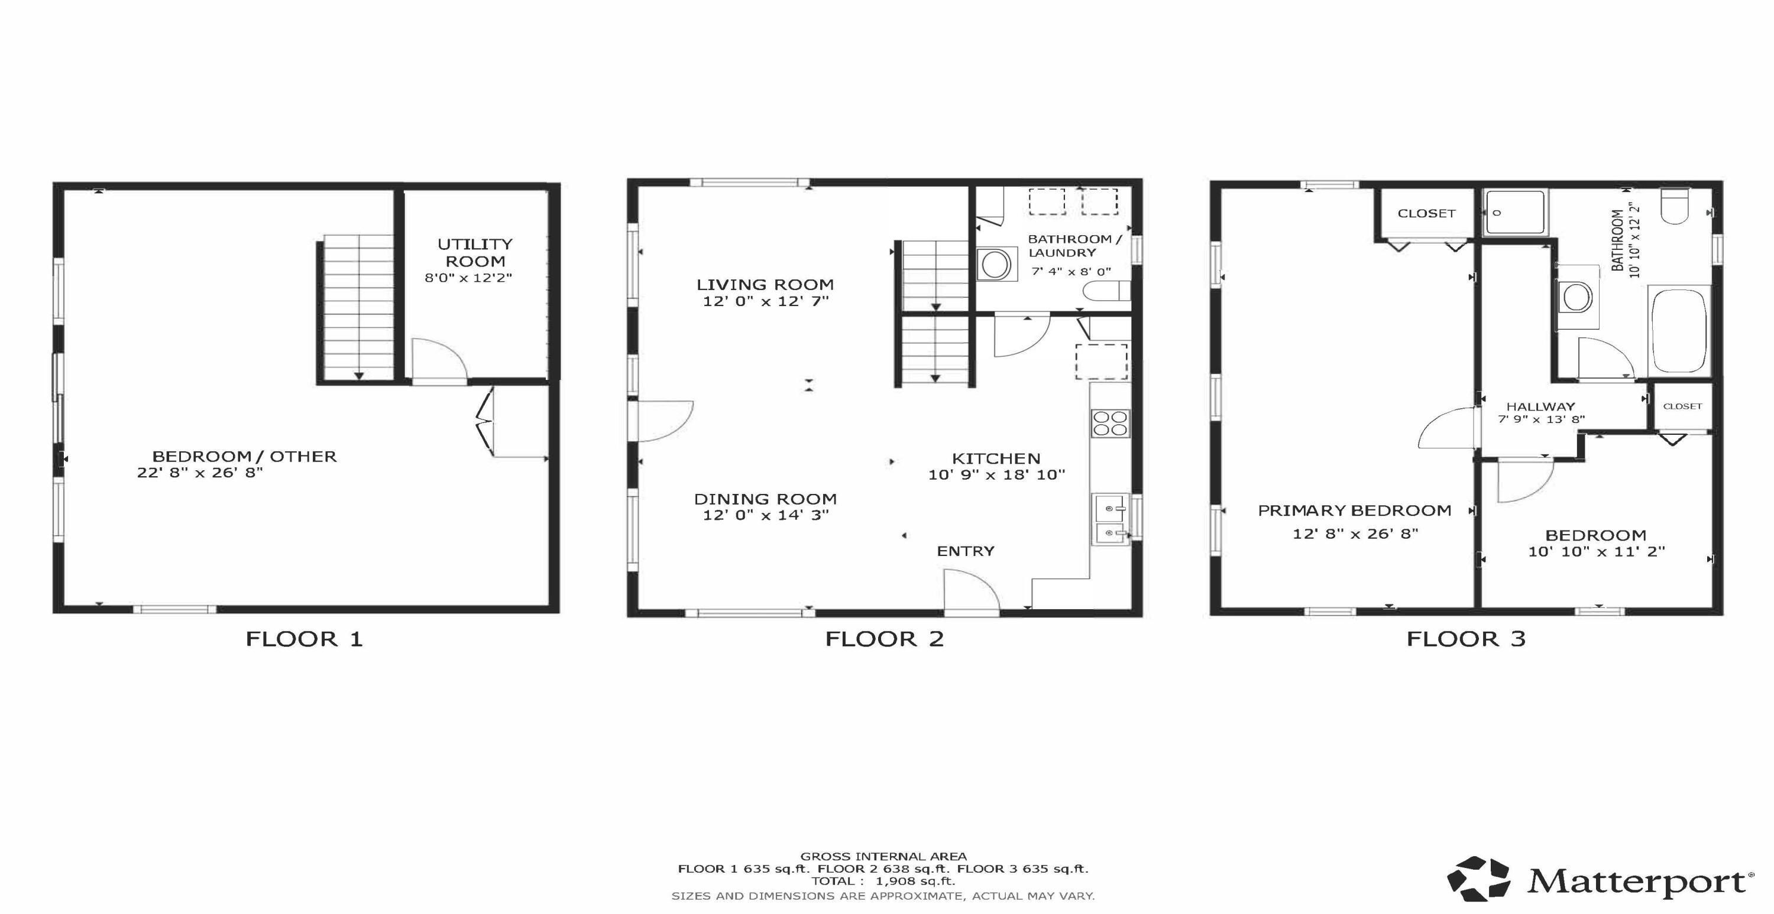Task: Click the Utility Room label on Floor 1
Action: [475, 253]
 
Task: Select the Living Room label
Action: [765, 284]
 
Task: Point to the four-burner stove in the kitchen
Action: [1110, 423]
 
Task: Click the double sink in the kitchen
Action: [1110, 520]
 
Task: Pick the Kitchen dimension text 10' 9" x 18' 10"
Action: [996, 474]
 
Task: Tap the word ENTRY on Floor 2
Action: [966, 551]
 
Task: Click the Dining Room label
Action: [765, 499]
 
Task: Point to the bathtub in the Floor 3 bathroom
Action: [1678, 330]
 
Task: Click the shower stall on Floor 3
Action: [1515, 213]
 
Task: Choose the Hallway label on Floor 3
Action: [1540, 406]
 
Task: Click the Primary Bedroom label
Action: [1355, 510]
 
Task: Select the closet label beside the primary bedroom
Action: [1426, 213]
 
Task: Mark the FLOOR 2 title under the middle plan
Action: [884, 639]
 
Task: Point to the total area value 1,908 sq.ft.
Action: [915, 881]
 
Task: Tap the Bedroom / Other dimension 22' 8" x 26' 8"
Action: [200, 473]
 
